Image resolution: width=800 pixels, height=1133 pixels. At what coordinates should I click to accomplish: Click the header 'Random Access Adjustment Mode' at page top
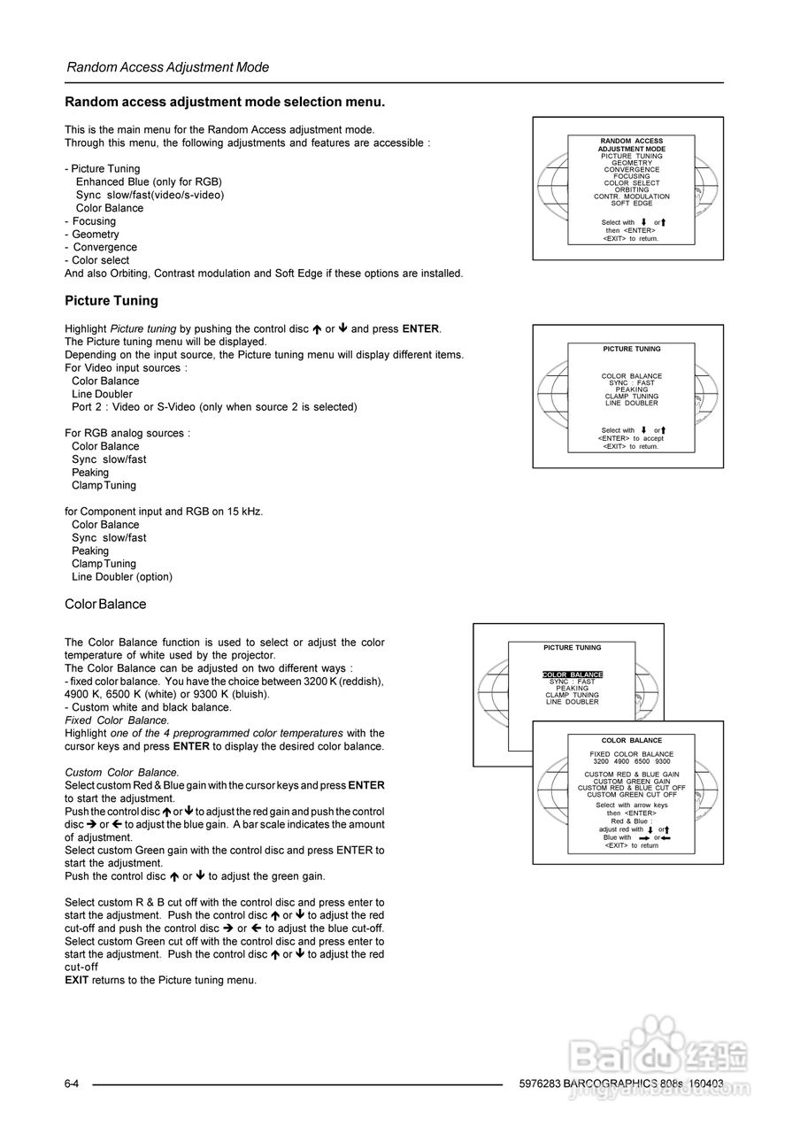167,67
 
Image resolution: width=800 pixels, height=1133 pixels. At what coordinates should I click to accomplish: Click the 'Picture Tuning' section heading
112,301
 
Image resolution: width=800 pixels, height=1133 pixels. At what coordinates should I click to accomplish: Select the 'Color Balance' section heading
105,605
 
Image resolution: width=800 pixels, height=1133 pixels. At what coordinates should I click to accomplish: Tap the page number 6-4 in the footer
73,1084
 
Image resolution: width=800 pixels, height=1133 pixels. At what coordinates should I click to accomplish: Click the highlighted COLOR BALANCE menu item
572,675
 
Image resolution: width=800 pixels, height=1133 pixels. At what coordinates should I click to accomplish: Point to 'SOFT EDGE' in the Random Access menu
631,204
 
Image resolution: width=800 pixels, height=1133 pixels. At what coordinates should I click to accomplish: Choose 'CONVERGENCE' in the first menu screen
631,170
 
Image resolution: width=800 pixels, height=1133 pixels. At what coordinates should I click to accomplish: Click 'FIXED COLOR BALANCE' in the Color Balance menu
631,754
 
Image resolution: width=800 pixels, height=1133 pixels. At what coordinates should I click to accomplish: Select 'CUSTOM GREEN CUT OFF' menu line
631,795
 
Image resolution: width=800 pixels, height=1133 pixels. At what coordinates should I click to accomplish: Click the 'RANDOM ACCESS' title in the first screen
631,142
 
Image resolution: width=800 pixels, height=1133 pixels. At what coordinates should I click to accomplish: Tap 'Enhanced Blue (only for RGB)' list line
149,181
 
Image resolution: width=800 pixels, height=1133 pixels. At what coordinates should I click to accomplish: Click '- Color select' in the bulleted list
97,260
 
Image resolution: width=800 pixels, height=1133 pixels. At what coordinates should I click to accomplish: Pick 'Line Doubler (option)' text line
122,577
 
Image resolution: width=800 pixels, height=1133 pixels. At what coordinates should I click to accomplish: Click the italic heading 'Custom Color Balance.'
122,773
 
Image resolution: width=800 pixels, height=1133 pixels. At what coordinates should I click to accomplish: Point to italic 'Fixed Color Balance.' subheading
118,721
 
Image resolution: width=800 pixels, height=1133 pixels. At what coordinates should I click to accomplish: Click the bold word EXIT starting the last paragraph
76,980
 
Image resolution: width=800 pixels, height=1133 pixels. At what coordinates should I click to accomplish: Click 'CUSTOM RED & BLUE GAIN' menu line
631,775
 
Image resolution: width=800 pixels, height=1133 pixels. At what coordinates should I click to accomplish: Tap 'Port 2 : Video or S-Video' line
214,407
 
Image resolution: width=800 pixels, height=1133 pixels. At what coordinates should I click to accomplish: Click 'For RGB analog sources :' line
127,433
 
